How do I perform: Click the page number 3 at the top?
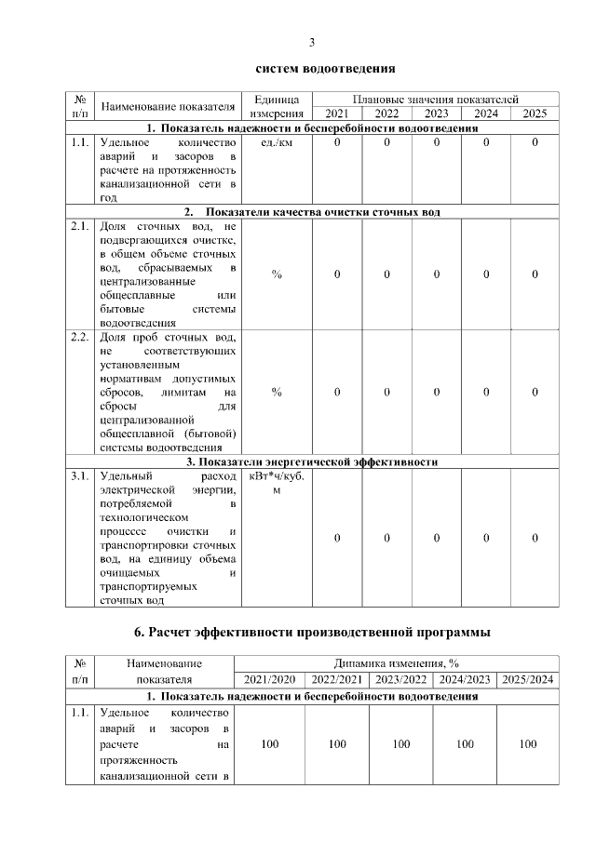[x=312, y=42]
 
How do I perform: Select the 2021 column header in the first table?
[x=337, y=114]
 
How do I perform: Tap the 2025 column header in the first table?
[x=535, y=114]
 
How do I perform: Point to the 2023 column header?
[x=436, y=114]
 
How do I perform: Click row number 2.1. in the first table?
[x=79, y=226]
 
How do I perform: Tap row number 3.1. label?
[x=79, y=475]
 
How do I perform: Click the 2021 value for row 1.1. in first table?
[x=337, y=142]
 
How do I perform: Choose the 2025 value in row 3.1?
[x=535, y=538]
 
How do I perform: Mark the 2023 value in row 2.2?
[x=436, y=392]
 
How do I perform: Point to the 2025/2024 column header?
[x=528, y=679]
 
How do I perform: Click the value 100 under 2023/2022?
[x=400, y=744]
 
